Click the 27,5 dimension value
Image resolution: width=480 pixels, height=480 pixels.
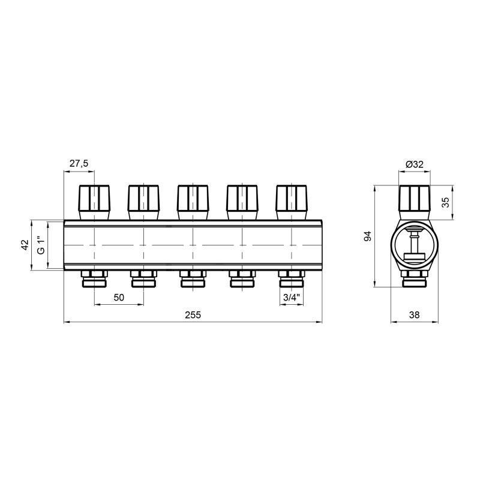(79, 163)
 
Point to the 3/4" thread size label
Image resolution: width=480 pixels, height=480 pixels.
(292, 298)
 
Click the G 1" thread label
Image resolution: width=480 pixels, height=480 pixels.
(41, 245)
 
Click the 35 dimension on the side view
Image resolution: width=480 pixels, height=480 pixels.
(445, 202)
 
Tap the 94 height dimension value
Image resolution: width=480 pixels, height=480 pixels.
(368, 236)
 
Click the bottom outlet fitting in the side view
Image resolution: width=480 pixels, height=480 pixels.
(414, 278)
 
